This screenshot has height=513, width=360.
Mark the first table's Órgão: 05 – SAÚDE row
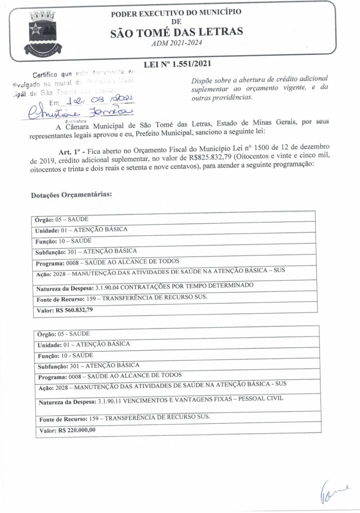(61, 220)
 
